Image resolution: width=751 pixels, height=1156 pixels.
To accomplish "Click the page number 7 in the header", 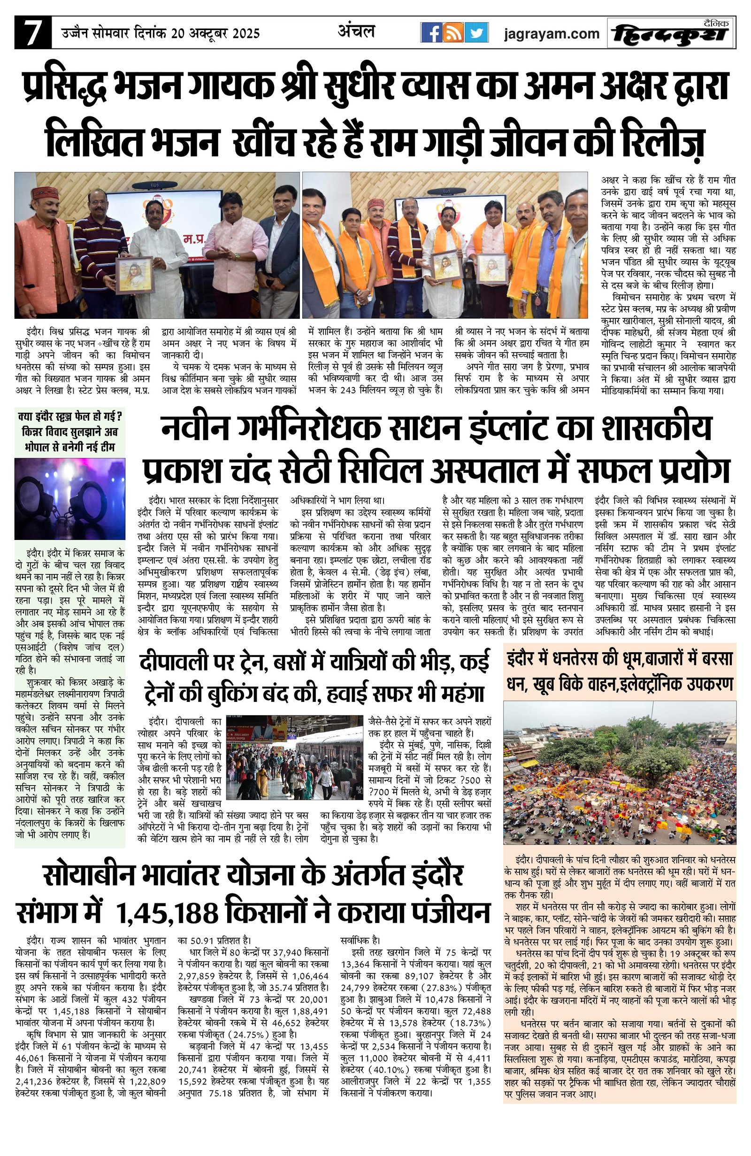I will pyautogui.click(x=32, y=33).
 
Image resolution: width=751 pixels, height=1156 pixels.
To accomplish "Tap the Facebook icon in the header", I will pyautogui.click(x=430, y=33).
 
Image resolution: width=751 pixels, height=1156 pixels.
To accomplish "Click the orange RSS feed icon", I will pyautogui.click(x=453, y=33).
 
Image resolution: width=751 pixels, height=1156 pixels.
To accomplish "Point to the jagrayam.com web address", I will pyautogui.click(x=552, y=33).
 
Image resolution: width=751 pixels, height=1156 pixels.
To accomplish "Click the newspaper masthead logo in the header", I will pyautogui.click(x=671, y=33).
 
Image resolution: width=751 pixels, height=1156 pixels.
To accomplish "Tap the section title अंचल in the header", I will pyautogui.click(x=356, y=31).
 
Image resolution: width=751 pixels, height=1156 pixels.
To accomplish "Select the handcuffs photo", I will pyautogui.click(x=70, y=498).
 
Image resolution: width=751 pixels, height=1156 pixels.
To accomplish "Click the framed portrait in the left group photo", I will pyautogui.click(x=134, y=275).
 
